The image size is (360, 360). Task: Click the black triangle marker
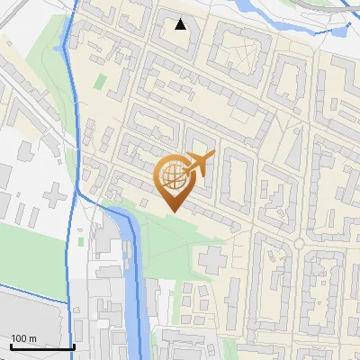[181, 24]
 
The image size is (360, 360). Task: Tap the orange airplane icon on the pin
[199, 163]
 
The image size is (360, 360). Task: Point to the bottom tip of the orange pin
[174, 211]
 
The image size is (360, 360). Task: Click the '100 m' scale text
[23, 338]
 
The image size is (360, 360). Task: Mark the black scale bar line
[41, 346]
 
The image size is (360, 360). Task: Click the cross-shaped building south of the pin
[212, 262]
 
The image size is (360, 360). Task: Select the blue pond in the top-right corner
[339, 31]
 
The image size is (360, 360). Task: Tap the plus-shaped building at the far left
[57, 193]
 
